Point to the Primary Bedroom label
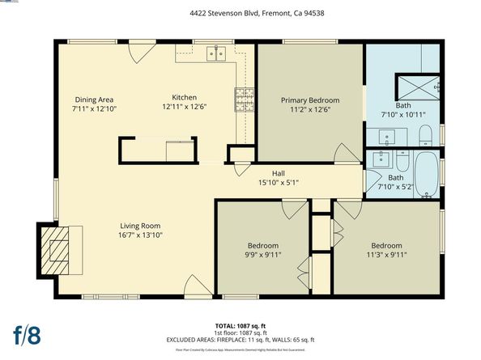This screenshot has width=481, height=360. click(309, 100)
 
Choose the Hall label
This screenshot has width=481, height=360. click(278, 172)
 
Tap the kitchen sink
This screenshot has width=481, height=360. click(215, 54)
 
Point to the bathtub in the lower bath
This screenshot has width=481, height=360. click(426, 172)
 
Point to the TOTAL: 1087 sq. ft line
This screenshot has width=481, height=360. click(240, 327)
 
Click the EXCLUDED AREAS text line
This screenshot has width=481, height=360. click(240, 340)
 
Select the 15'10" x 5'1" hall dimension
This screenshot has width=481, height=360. click(278, 182)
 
